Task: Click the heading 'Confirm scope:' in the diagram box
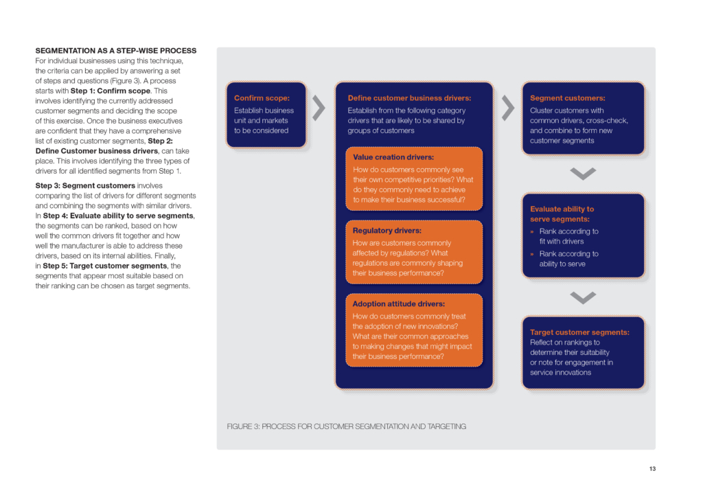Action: click(262, 98)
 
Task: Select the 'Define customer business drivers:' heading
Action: click(409, 98)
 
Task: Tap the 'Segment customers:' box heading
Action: click(567, 98)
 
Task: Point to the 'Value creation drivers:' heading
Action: click(393, 157)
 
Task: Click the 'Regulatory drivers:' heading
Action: click(387, 231)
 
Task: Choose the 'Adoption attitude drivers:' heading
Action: click(399, 303)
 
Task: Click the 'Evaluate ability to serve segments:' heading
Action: click(562, 213)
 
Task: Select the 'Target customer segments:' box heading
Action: click(579, 332)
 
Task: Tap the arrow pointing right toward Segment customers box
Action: click(508, 108)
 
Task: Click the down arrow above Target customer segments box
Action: click(583, 297)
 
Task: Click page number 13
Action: click(652, 469)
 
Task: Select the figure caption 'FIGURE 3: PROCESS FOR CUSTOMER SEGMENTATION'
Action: click(346, 426)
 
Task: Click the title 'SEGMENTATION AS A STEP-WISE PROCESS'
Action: click(115, 51)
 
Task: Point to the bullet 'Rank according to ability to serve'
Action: click(568, 259)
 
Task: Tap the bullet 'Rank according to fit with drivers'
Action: click(568, 236)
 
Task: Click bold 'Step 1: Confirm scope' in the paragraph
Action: click(109, 91)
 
